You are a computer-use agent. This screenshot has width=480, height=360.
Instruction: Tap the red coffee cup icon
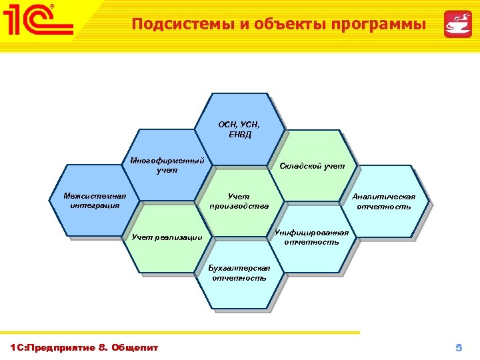click(459, 25)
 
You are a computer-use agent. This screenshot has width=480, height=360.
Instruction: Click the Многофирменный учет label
click(167, 165)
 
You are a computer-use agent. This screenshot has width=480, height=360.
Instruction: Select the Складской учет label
click(312, 165)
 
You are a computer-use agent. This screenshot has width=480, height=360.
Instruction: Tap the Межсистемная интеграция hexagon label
click(94, 201)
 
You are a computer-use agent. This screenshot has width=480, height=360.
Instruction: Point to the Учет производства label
click(239, 201)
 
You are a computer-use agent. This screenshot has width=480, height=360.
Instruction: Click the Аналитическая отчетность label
click(383, 201)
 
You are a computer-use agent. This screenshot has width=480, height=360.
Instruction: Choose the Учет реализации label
click(167, 237)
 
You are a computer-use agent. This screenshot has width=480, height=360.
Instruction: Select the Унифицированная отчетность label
click(312, 237)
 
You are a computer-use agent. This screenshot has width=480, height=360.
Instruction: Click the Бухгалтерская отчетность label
click(239, 273)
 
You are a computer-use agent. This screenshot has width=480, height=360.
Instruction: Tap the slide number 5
click(458, 347)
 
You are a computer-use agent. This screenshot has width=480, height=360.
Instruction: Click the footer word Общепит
click(135, 347)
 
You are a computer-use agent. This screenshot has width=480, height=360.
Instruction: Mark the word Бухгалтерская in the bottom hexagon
click(239, 268)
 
